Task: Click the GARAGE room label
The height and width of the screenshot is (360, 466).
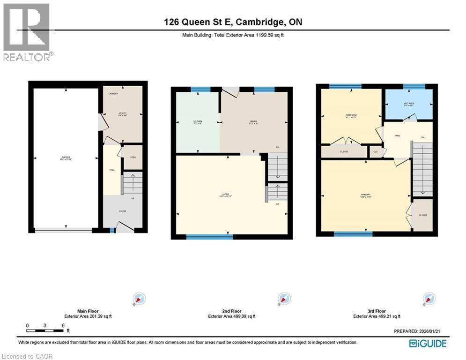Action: pyautogui.click(x=66, y=157)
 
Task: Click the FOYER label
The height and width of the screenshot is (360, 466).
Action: pyautogui.click(x=123, y=211)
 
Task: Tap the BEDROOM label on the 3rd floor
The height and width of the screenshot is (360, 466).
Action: pyautogui.click(x=352, y=115)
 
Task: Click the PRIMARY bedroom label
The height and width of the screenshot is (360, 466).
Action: pyautogui.click(x=365, y=195)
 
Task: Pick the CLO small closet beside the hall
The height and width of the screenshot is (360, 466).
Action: pyautogui.click(x=375, y=151)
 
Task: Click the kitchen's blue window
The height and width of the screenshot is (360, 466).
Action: pyautogui.click(x=200, y=89)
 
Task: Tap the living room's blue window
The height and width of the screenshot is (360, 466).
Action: pyautogui.click(x=209, y=237)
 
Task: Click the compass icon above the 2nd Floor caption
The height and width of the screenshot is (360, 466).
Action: pyautogui.click(x=283, y=299)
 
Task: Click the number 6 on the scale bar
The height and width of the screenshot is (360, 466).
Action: pyautogui.click(x=62, y=325)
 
